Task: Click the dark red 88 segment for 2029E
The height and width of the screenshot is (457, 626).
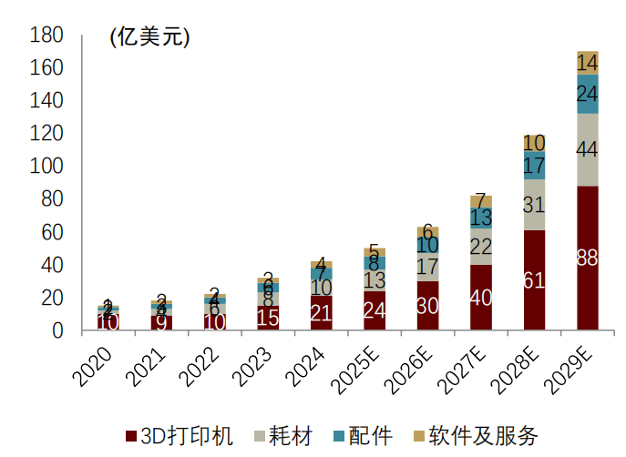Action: [588, 258]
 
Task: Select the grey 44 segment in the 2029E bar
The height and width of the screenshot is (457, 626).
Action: [588, 149]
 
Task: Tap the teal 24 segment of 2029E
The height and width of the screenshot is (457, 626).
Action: [588, 94]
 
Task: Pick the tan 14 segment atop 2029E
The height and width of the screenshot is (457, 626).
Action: [588, 63]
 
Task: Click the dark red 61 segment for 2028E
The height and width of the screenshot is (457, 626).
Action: [534, 280]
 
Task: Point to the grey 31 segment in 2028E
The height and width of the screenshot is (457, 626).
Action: [534, 205]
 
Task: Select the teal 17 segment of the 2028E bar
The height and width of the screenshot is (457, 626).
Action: [534, 166]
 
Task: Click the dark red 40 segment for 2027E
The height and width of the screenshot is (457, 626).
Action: [481, 297]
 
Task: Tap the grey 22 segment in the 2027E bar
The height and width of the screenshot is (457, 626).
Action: [481, 247]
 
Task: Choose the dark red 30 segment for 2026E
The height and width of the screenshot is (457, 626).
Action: [427, 306]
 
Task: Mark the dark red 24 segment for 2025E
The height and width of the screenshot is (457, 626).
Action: [375, 310]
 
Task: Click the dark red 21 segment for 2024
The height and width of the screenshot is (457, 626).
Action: [321, 313]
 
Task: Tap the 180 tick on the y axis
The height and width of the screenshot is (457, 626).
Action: [46, 36]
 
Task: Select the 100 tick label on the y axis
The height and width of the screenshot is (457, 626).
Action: [46, 168]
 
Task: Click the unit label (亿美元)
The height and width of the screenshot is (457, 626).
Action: [149, 37]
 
